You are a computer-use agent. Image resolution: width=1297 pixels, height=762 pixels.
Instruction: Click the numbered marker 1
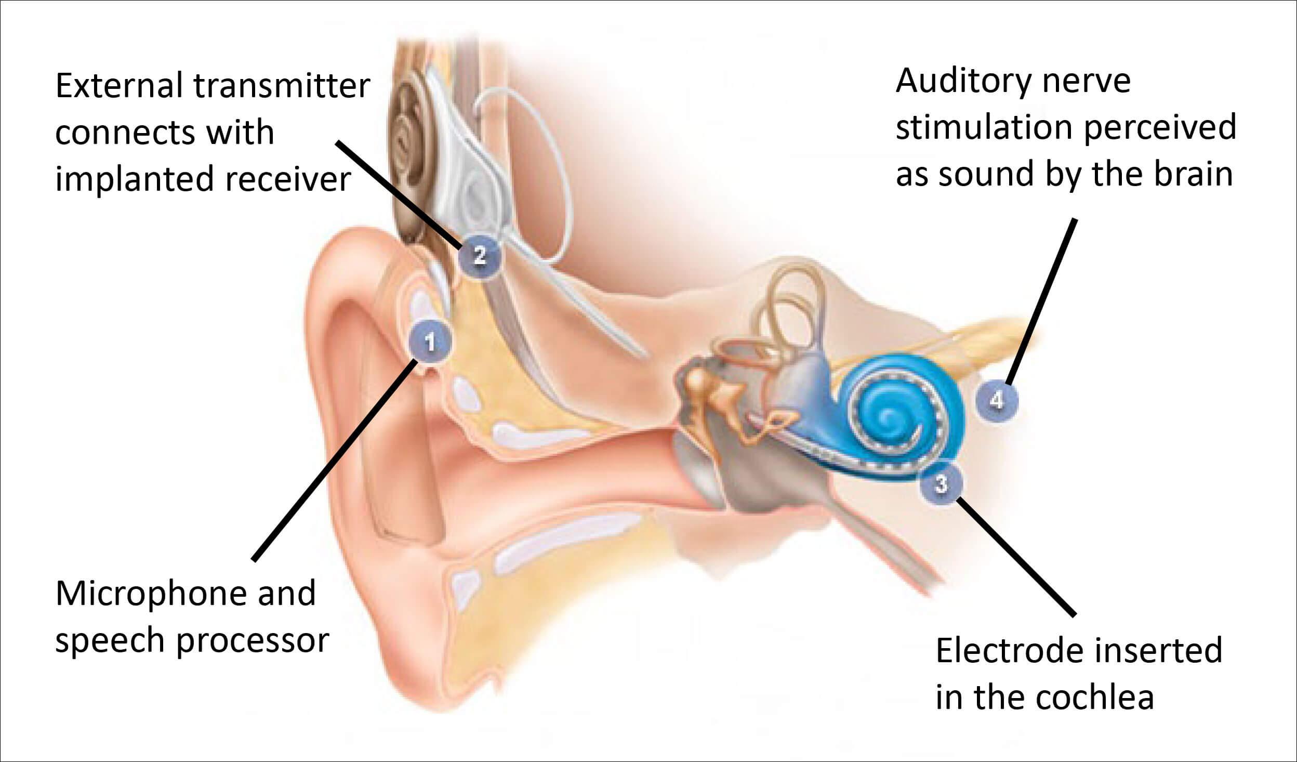click(430, 342)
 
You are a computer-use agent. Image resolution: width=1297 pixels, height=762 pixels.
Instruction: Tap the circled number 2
click(479, 255)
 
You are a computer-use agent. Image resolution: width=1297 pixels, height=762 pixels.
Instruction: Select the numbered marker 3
click(941, 484)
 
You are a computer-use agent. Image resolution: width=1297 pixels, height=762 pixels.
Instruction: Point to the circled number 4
click(996, 400)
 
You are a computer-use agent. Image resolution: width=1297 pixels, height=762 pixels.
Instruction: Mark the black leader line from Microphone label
click(333, 463)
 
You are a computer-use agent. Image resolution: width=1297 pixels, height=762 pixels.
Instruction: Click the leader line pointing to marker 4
click(1041, 301)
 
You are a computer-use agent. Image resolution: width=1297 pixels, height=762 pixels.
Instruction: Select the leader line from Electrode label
click(1016, 556)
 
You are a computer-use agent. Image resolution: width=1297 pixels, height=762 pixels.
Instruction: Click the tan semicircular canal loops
click(792, 307)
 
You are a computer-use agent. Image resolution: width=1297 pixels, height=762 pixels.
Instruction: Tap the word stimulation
click(985, 128)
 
